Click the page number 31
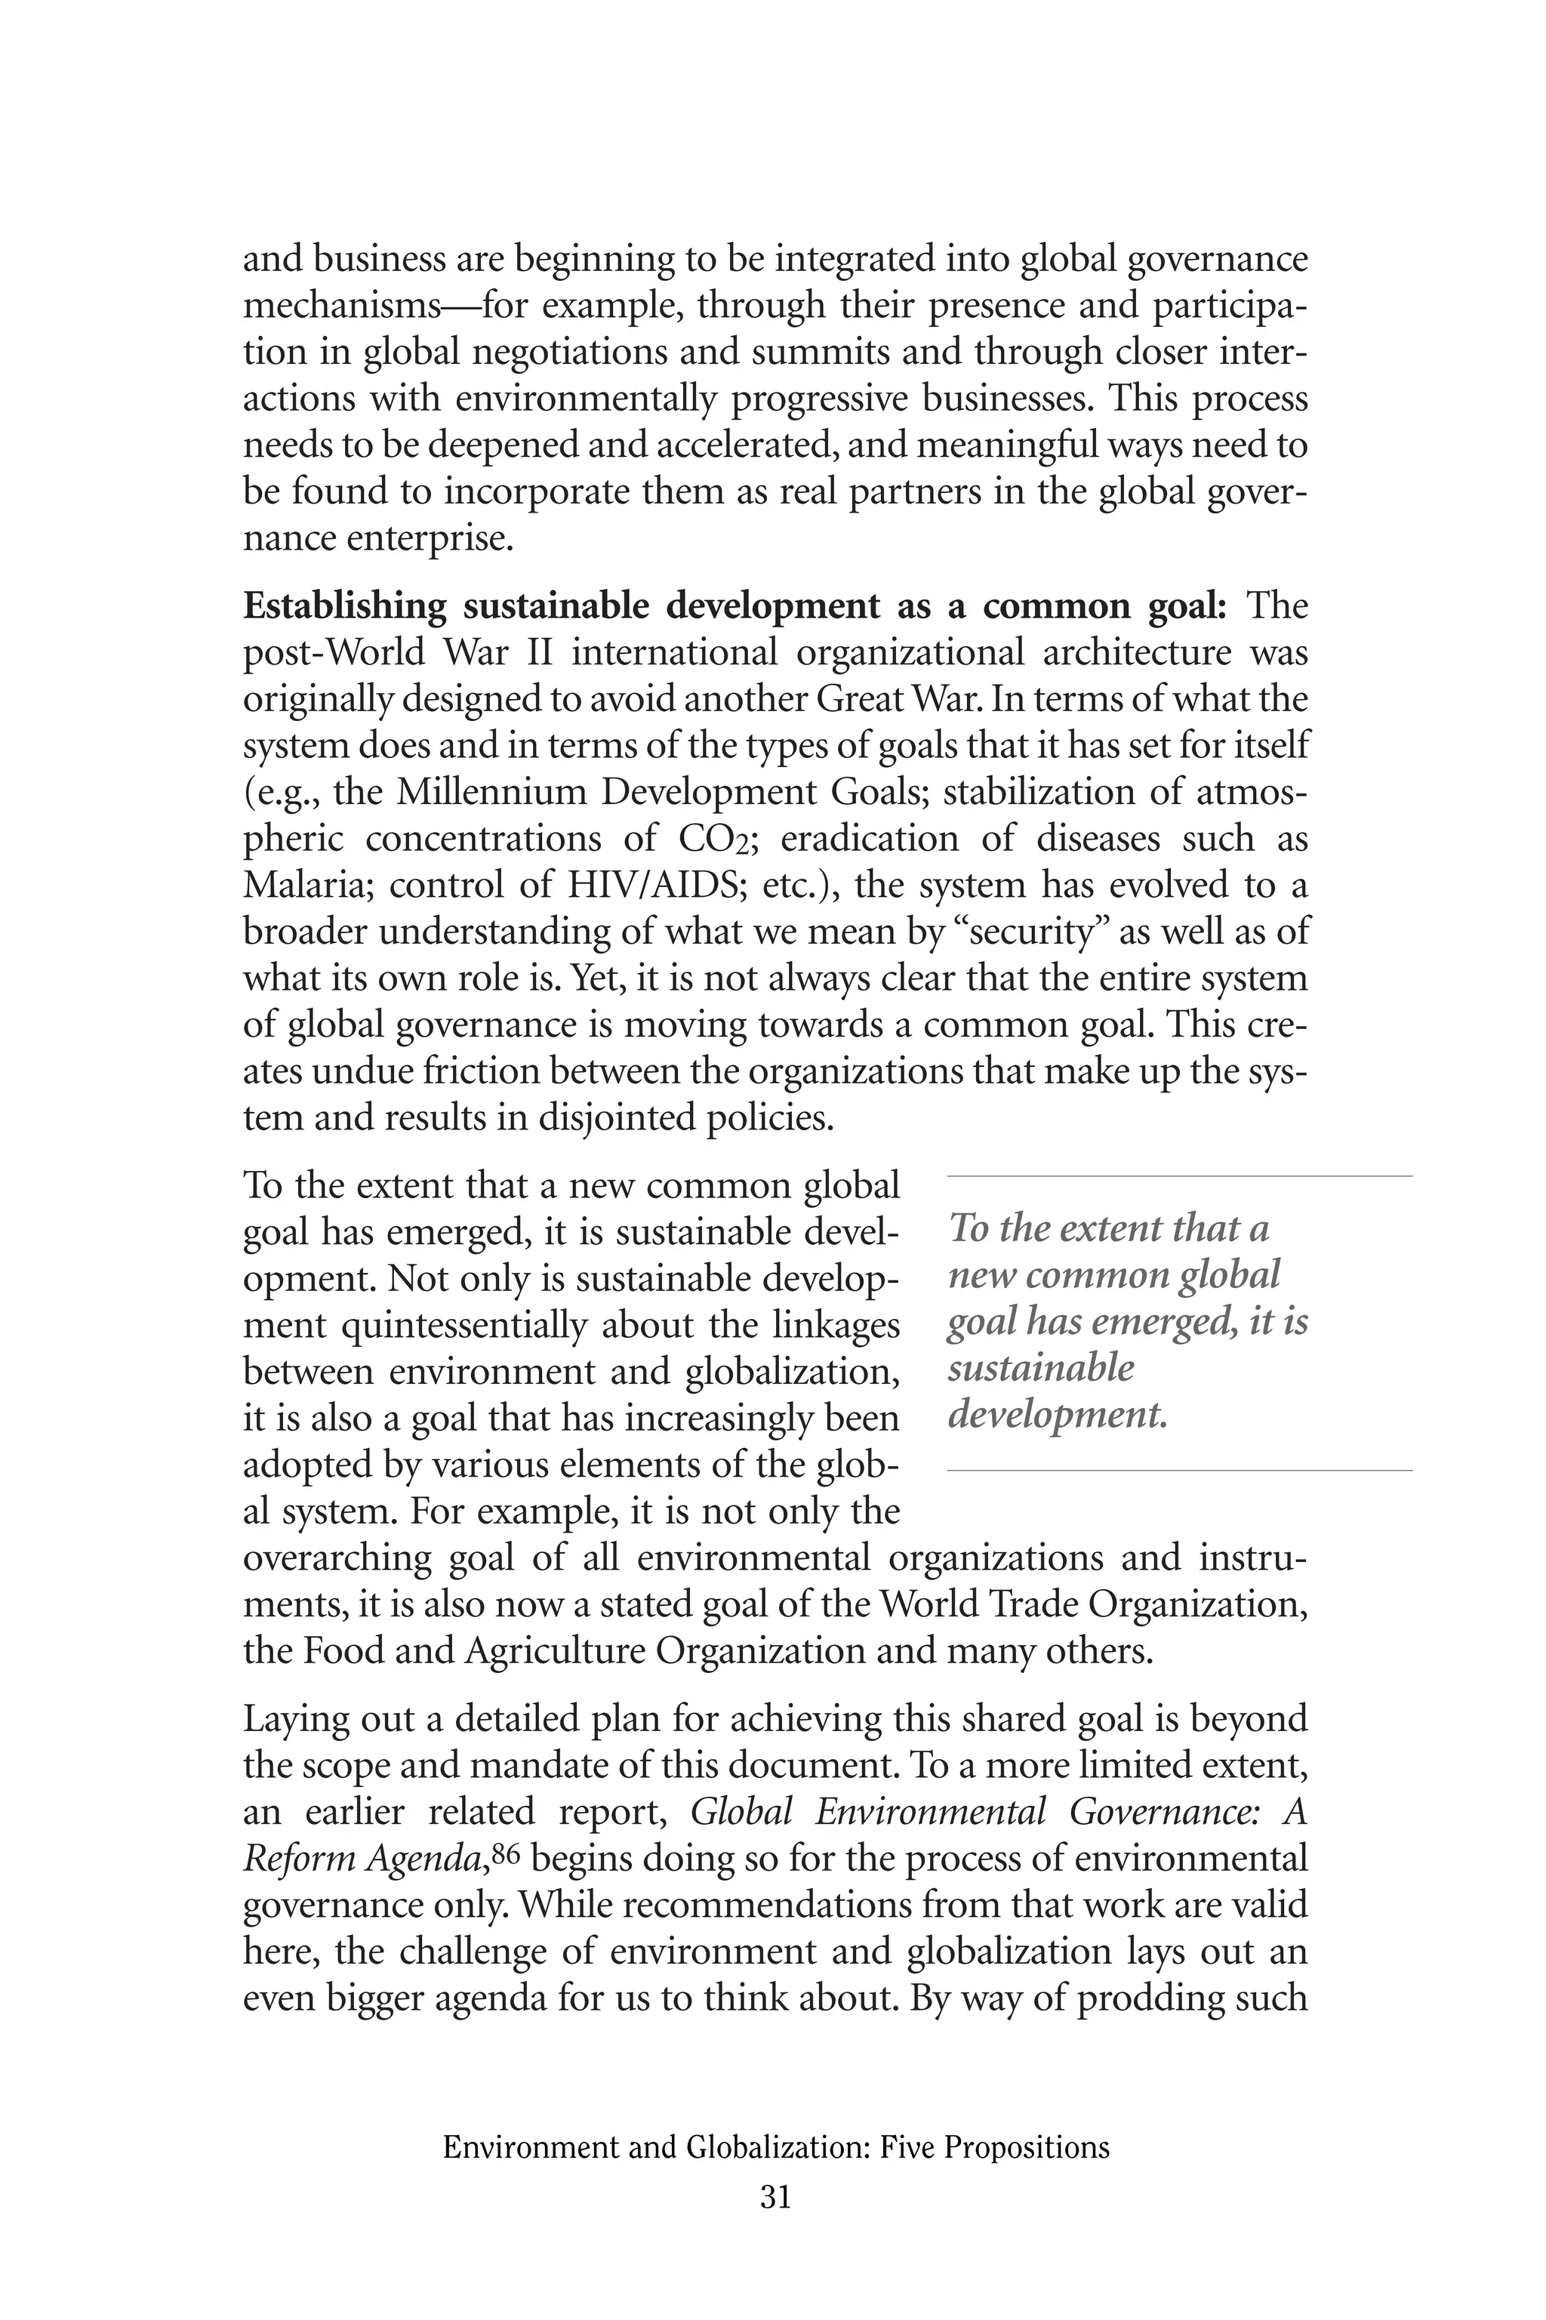point(775,2195)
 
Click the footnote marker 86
point(504,1853)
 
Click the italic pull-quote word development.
point(1057,1415)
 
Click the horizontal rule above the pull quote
point(1179,1176)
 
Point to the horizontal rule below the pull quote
point(1179,1470)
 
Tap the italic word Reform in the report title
point(300,1859)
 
